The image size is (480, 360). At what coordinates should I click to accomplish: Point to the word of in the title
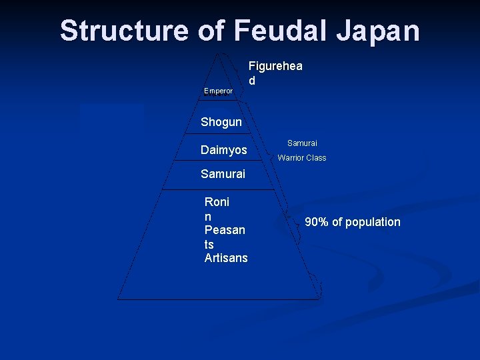[211, 31]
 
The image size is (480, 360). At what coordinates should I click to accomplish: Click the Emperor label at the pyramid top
[218, 91]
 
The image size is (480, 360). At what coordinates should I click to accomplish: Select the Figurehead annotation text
[275, 73]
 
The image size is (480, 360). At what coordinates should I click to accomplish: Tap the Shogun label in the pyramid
[221, 122]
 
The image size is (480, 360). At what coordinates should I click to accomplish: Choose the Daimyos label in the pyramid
[224, 151]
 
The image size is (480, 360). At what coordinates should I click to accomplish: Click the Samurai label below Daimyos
[223, 174]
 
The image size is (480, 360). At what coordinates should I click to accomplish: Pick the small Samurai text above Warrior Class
[302, 143]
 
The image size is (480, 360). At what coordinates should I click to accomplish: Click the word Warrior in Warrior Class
[291, 158]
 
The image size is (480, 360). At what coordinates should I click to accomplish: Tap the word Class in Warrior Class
[316, 158]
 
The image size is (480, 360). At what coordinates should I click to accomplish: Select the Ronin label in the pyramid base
[217, 209]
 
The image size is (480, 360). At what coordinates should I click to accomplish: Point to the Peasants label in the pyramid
[225, 237]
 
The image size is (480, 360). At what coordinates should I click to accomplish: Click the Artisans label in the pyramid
[226, 258]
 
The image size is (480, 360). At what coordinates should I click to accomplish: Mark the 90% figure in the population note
[317, 222]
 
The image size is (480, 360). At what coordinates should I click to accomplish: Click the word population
[370, 222]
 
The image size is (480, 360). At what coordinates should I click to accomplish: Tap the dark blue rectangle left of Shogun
[111, 115]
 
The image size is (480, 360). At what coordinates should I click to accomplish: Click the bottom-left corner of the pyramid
[119, 298]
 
